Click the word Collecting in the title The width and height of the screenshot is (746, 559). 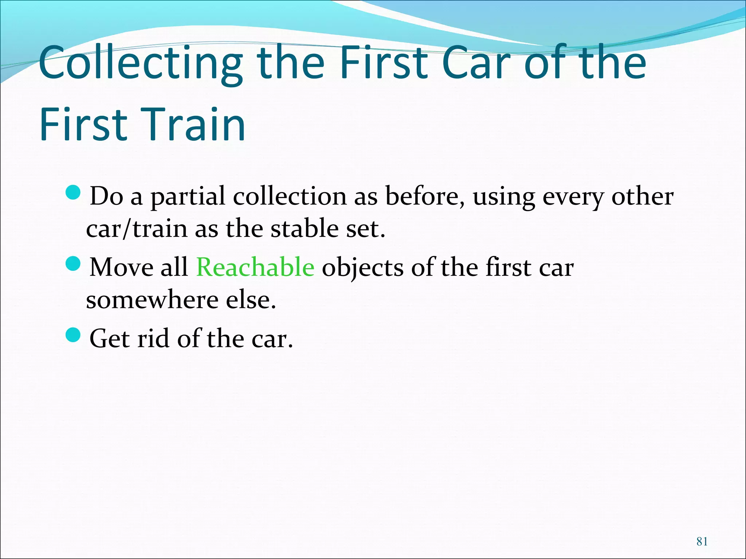coord(140,63)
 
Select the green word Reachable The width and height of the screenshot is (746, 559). coord(255,267)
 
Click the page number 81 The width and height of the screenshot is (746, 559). coord(702,542)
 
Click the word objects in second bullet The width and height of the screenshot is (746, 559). coord(362,268)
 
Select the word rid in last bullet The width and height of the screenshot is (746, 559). coord(153,338)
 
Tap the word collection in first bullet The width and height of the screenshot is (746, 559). coord(290,197)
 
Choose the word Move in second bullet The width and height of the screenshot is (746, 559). coord(121,267)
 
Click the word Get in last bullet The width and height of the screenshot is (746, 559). coord(109,338)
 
